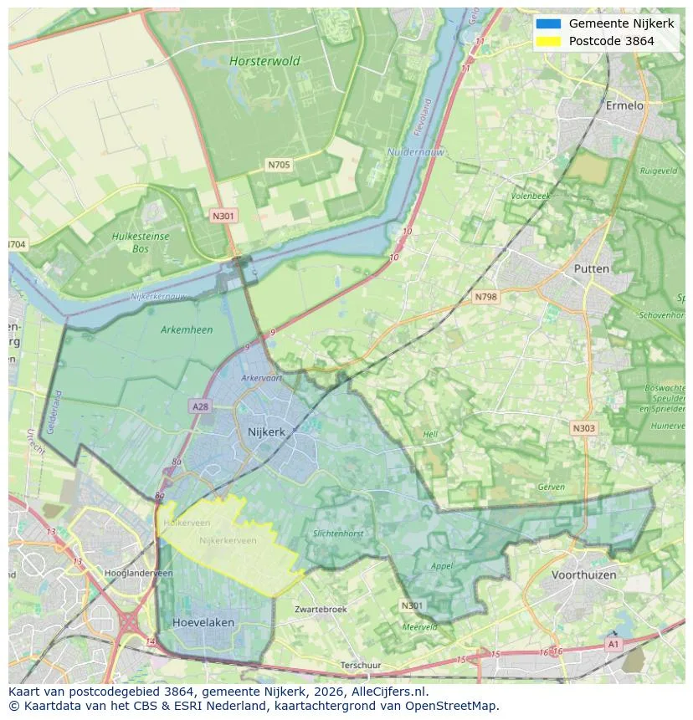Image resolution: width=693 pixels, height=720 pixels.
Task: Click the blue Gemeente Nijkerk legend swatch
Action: (x=548, y=23)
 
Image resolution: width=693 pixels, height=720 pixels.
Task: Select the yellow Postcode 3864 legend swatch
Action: (x=548, y=41)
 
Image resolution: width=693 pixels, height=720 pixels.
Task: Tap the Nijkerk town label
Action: (x=266, y=432)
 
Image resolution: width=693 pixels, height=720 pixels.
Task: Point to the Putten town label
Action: (x=592, y=268)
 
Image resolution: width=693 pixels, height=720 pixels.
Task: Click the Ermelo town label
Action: (x=624, y=106)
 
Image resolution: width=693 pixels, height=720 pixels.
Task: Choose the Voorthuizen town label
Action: (x=583, y=575)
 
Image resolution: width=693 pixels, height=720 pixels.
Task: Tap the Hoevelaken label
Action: (x=203, y=623)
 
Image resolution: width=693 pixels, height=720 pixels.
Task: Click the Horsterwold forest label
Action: (x=264, y=61)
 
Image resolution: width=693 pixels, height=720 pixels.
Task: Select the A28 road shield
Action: (x=200, y=406)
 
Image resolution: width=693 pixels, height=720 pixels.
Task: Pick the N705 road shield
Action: (x=279, y=165)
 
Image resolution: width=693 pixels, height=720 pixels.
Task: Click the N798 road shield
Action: (x=485, y=297)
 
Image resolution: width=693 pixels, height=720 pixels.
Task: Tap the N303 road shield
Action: (x=583, y=428)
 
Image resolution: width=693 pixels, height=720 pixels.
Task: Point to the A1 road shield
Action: (x=613, y=645)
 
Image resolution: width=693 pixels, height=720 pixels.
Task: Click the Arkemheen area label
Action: (x=187, y=329)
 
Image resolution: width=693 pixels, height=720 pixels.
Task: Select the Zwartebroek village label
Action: (x=321, y=610)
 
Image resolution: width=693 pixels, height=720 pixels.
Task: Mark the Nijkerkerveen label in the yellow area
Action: (x=228, y=541)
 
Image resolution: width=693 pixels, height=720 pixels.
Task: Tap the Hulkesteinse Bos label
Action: (x=141, y=243)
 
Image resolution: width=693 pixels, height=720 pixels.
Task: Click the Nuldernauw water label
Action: (x=416, y=152)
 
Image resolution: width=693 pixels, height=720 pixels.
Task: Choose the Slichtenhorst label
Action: (x=338, y=534)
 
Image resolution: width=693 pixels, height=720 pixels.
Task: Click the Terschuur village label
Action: (x=362, y=666)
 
